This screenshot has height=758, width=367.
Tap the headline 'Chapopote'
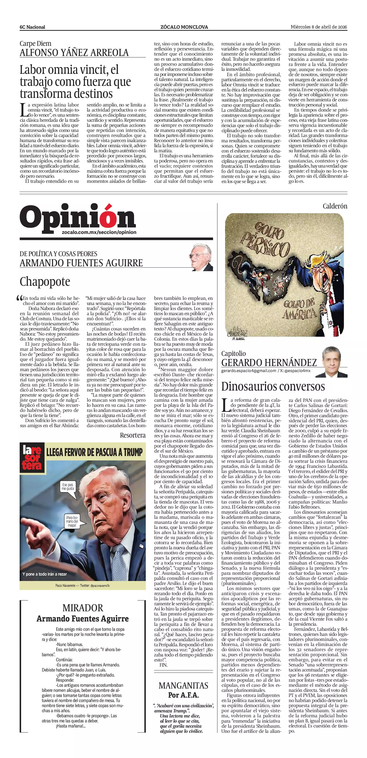pos(45,282)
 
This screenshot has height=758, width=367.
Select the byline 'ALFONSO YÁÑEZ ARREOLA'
pos(74,53)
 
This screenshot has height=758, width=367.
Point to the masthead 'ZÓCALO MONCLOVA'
pos(184,27)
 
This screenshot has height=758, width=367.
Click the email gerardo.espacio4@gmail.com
pos(249,371)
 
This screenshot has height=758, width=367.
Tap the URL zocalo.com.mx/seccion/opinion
pos(99,232)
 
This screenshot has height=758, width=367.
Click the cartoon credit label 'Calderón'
pos(335,206)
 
